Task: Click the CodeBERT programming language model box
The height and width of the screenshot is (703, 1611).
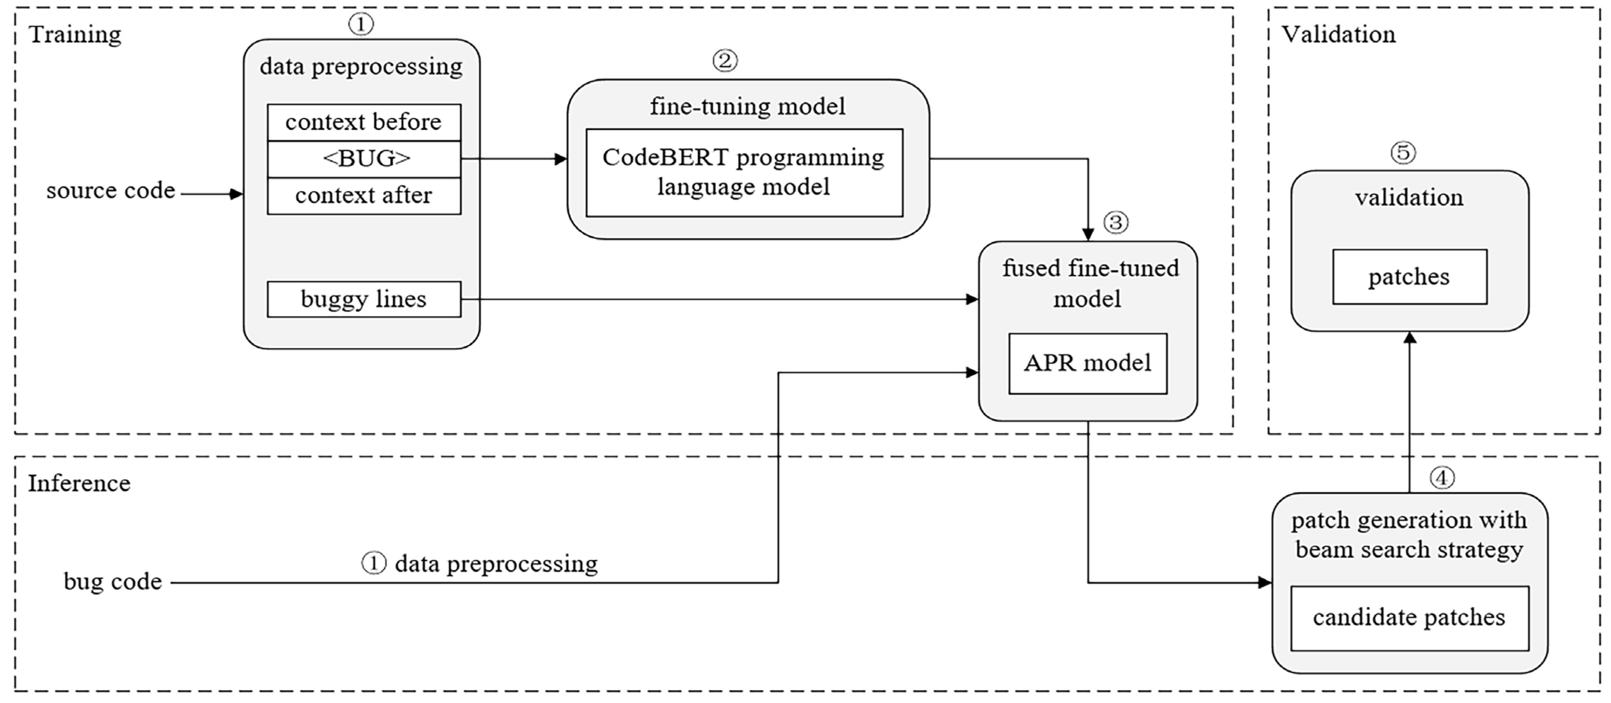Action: (743, 173)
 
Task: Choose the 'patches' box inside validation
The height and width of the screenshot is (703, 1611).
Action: (1409, 277)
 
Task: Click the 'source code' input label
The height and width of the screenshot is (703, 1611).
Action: (111, 191)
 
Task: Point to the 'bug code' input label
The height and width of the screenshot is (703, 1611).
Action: (113, 582)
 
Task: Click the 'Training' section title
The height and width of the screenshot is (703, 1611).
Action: (75, 34)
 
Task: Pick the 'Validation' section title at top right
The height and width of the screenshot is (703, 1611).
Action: (1338, 34)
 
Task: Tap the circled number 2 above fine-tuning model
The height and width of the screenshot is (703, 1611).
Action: (725, 61)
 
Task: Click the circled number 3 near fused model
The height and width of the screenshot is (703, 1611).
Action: (1116, 222)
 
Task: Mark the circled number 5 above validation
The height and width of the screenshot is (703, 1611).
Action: (1403, 152)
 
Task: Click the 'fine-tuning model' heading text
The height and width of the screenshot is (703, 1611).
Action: (748, 106)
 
